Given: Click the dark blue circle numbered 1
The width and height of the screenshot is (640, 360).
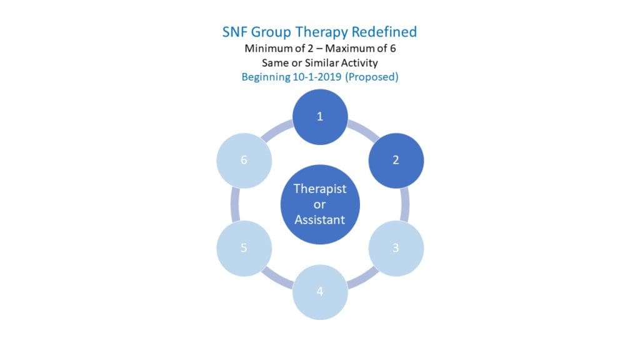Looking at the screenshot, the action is [320, 116].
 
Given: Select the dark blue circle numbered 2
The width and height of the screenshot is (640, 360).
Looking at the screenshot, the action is [396, 160].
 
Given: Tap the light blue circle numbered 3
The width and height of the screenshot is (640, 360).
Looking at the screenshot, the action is [396, 247].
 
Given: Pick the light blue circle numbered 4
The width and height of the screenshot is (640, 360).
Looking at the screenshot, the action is [320, 291].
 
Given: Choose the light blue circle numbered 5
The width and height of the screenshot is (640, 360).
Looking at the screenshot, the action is [244, 247].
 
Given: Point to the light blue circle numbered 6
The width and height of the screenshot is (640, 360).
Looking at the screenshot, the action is [244, 160].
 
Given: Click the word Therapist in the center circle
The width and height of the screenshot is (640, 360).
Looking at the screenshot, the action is [320, 189].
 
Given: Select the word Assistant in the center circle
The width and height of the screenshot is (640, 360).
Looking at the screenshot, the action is [320, 219].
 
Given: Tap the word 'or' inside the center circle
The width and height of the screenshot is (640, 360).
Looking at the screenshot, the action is [320, 204].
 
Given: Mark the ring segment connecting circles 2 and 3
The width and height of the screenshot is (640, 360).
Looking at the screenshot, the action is [405, 204].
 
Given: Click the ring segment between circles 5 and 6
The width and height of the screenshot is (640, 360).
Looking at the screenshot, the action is [235, 204].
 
